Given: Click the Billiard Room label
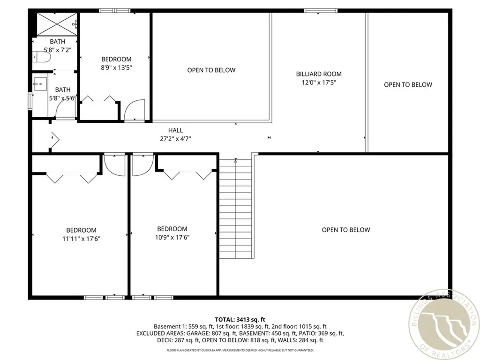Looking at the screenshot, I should click(319, 74).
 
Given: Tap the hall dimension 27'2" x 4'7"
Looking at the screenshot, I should click(176, 138).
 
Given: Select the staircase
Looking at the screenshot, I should click(236, 209).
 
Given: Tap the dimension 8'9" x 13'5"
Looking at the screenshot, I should click(116, 67).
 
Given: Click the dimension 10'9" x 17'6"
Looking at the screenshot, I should click(172, 237).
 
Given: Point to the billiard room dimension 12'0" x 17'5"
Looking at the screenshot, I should click(319, 82).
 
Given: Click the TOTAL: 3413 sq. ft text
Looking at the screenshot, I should click(240, 320).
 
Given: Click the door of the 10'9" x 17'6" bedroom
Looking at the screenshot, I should click(142, 164).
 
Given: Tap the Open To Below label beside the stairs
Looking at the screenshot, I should click(345, 230).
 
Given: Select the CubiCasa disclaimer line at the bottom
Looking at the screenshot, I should click(240, 350).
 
